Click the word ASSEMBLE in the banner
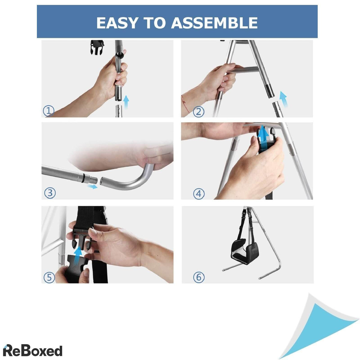coord(214,23)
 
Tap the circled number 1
coord(49,111)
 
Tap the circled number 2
coord(199,112)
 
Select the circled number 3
coord(50,193)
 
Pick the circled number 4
coord(199,193)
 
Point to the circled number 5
coord(49,277)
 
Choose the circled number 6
coord(199,277)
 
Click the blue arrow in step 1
coord(126,102)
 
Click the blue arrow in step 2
coord(283,99)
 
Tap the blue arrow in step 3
coord(92,186)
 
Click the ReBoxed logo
coord(32,351)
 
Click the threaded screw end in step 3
coord(93,180)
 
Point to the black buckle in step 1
coord(97,47)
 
